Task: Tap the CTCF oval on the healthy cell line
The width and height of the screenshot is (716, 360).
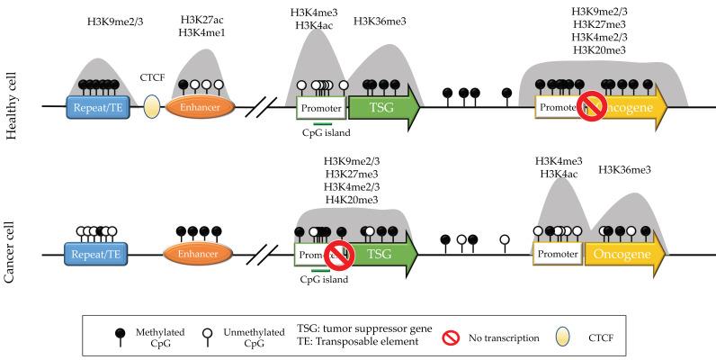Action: (x=153, y=108)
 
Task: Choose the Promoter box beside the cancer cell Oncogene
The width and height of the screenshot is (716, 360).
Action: (x=558, y=256)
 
